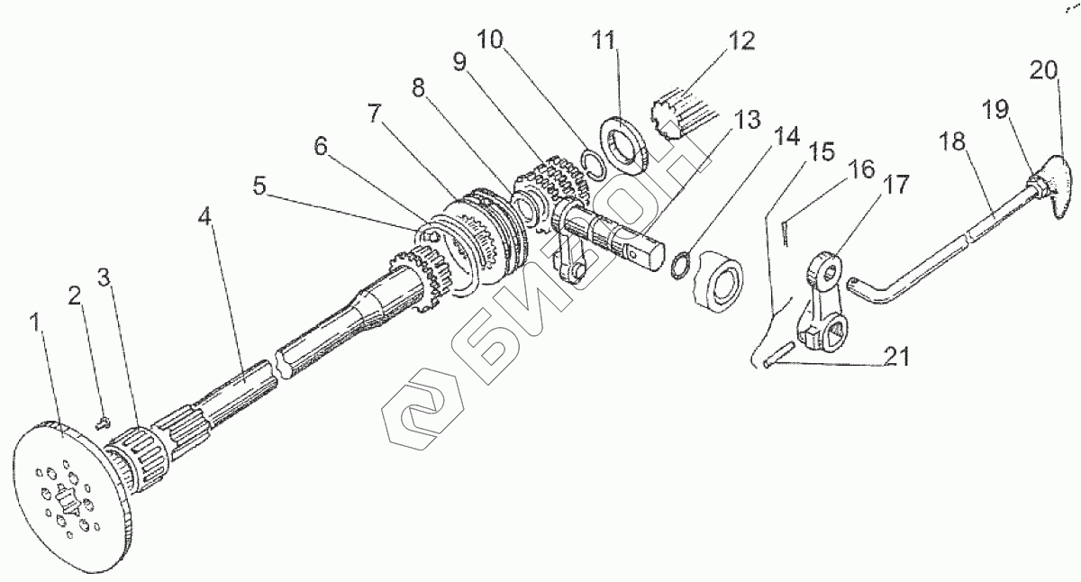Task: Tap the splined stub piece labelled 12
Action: (x=684, y=113)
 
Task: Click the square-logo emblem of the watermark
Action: (x=417, y=412)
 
